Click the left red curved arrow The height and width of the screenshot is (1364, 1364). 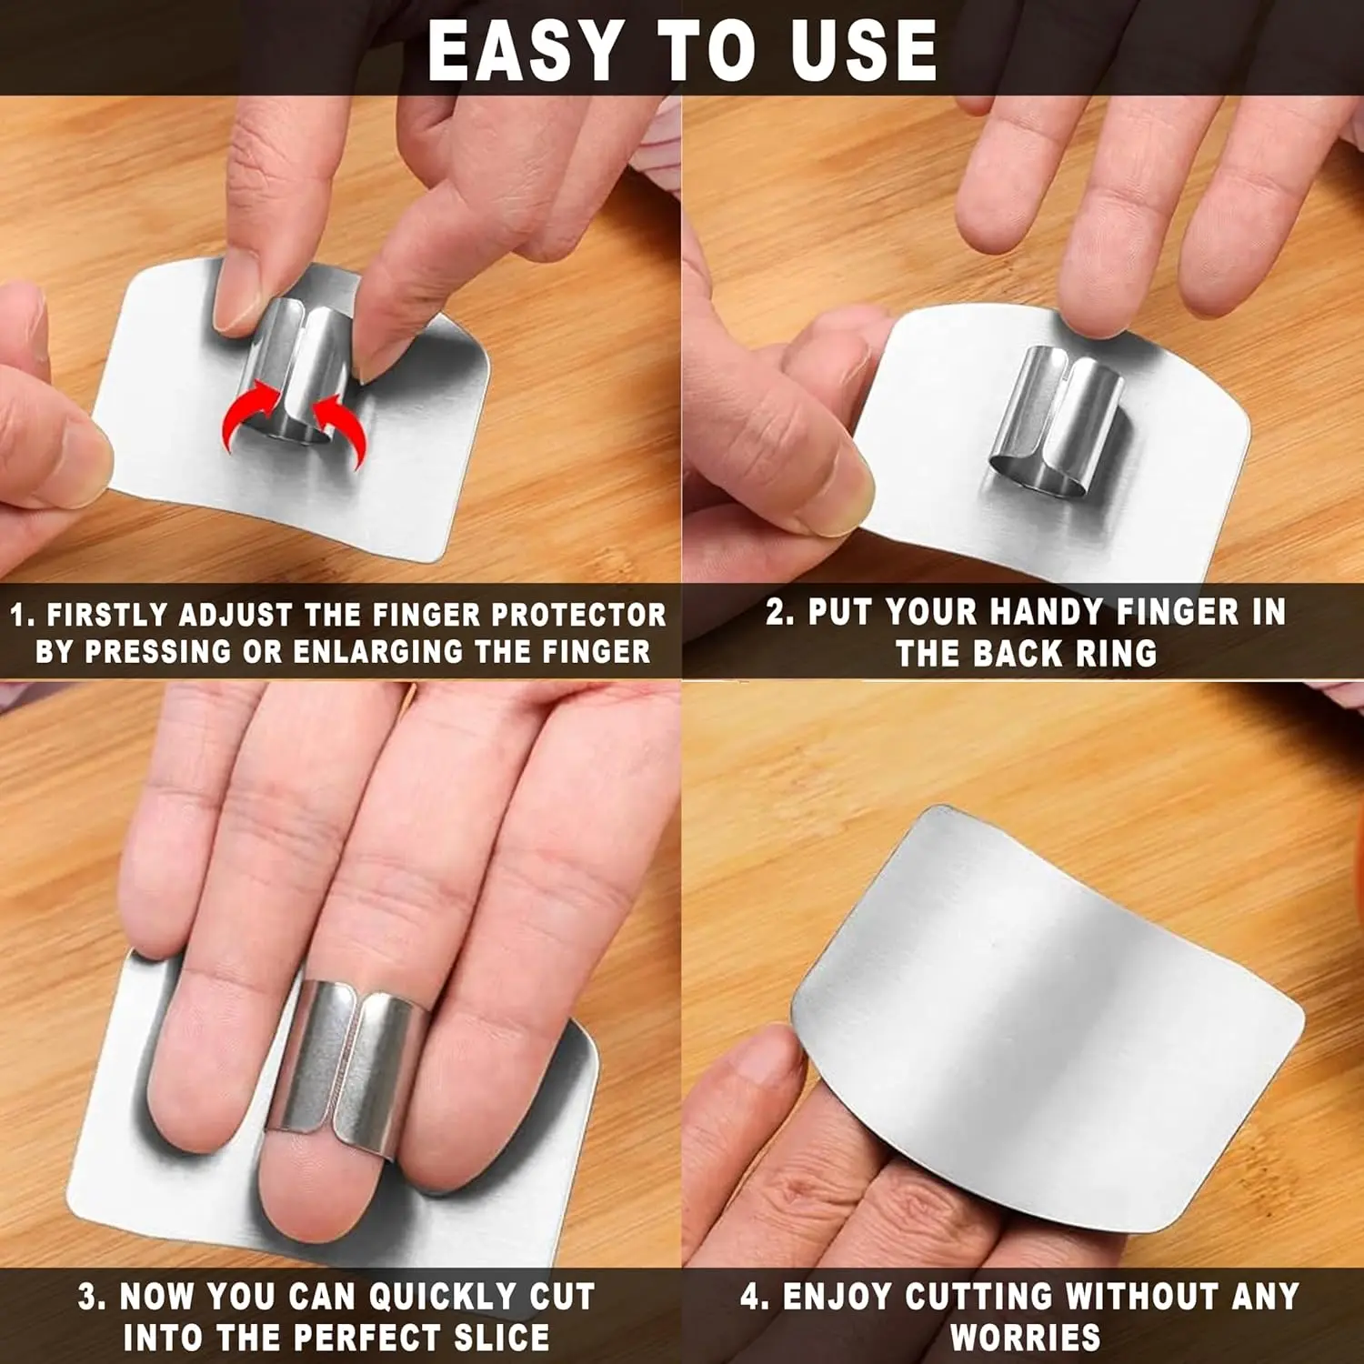point(247,412)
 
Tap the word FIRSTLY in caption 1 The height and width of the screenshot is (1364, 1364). point(107,615)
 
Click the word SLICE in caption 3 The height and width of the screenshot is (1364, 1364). point(502,1338)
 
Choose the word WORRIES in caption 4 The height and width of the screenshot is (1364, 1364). point(1025,1338)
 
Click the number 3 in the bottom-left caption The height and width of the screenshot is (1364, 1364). point(87,1297)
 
